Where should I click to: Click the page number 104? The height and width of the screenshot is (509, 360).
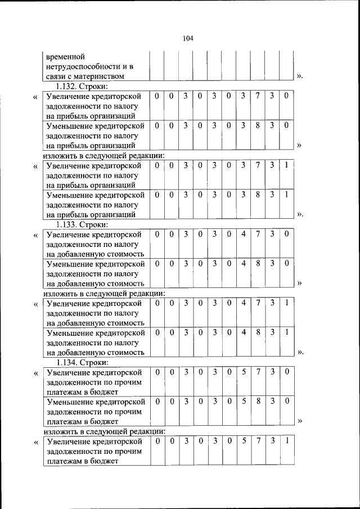(x=188, y=38)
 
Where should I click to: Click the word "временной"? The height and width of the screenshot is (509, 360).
(x=66, y=57)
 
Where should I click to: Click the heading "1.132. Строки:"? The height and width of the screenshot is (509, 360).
(x=82, y=87)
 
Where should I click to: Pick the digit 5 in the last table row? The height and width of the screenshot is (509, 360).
(x=244, y=442)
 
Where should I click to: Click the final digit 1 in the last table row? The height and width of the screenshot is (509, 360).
(x=287, y=442)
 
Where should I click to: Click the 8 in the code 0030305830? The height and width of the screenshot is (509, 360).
(x=258, y=401)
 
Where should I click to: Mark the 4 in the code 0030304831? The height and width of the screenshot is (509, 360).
(x=244, y=332)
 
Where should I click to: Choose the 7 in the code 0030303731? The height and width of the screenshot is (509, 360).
(x=258, y=165)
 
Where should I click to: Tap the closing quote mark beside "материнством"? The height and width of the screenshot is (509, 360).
(x=299, y=76)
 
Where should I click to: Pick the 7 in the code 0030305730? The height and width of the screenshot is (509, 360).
(x=258, y=372)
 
